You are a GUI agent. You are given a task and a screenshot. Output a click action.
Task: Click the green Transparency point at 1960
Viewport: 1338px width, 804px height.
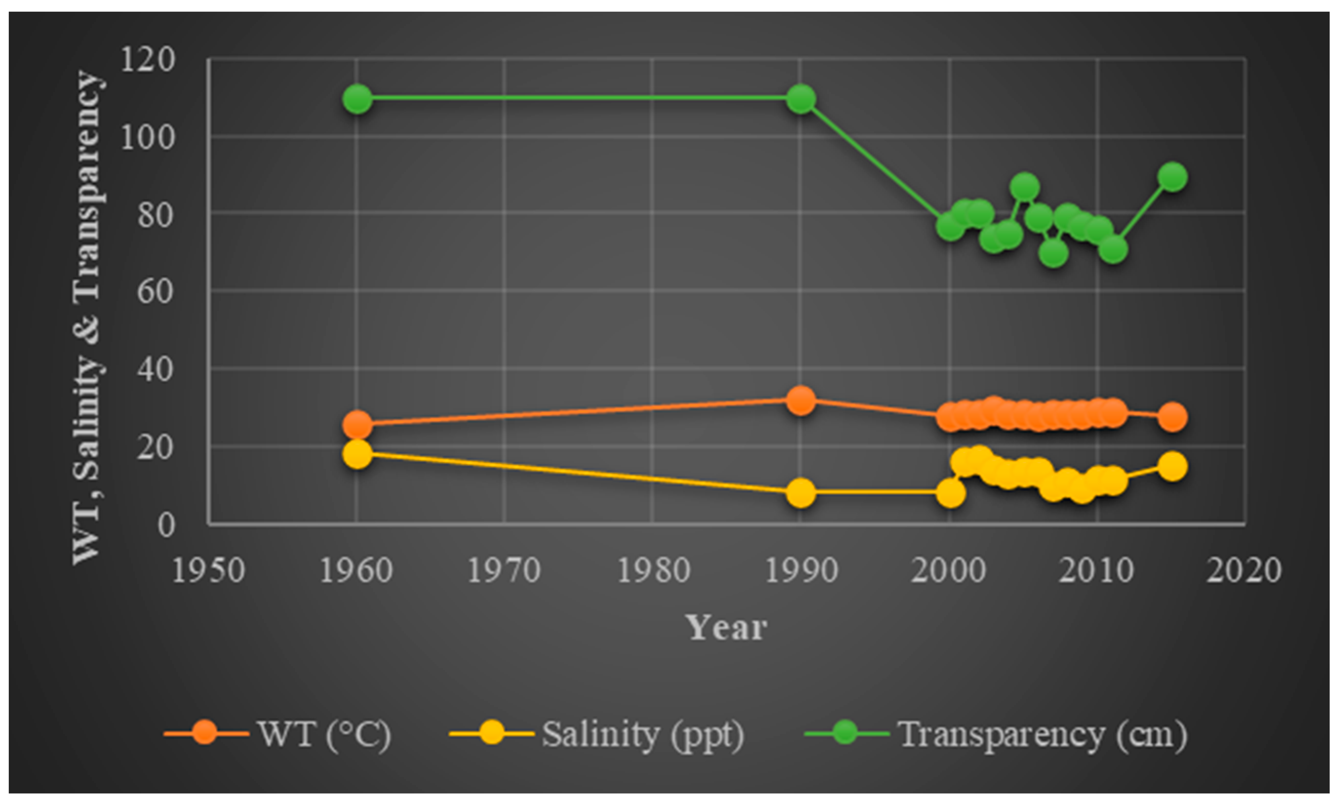(357, 99)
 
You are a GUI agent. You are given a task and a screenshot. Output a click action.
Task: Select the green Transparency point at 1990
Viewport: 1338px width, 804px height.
(801, 99)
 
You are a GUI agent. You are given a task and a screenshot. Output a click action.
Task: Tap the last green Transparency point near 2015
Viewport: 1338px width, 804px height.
(1172, 176)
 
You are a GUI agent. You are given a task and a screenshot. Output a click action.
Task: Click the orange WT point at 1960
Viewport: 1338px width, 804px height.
(357, 424)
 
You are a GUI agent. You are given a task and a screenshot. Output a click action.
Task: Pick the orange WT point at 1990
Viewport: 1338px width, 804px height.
(801, 400)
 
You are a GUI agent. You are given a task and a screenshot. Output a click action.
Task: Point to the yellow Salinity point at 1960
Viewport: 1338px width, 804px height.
(357, 453)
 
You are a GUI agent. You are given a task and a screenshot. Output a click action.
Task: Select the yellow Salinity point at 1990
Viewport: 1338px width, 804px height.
(801, 492)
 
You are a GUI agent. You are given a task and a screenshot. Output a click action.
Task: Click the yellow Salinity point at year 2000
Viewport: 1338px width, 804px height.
(950, 492)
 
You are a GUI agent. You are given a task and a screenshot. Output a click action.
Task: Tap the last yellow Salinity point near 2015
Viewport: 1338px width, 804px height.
(1172, 466)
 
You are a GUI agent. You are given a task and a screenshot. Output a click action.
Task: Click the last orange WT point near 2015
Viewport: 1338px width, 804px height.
(1172, 417)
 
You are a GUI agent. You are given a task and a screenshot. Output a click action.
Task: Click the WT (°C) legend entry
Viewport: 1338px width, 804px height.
(324, 734)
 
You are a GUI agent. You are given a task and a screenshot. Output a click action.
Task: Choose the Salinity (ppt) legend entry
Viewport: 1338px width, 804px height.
(643, 734)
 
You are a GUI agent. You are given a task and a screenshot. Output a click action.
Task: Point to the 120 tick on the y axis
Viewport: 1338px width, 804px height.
(147, 59)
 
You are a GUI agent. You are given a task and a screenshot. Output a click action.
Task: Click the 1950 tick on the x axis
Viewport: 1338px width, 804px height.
(209, 571)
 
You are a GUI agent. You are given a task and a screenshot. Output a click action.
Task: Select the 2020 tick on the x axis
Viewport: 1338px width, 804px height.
(1244, 571)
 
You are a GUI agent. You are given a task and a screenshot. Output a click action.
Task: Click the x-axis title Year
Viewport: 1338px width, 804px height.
(726, 628)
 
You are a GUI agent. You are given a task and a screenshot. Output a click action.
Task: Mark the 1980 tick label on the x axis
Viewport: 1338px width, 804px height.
(654, 571)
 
